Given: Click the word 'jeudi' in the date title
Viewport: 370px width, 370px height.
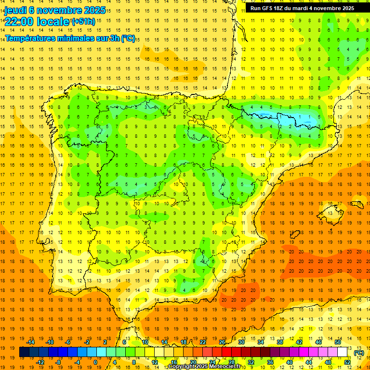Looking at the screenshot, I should pos(15,10).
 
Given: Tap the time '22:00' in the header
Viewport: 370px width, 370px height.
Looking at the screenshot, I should pos(19,22).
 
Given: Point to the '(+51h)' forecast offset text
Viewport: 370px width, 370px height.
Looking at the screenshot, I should pos(83,22).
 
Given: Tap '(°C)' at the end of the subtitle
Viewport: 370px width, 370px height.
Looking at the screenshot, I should pos(128,39).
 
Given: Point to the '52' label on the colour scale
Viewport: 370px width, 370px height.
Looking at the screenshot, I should pos(347,362).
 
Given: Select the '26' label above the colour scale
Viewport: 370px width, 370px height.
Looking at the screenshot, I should pos(222,342).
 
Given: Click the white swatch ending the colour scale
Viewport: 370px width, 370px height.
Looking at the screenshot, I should pos(343,352).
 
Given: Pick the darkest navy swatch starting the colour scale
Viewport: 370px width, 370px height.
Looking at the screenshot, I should pos(24,352).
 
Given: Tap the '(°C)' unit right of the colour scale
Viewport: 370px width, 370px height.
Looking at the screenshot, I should pos(358,353).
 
